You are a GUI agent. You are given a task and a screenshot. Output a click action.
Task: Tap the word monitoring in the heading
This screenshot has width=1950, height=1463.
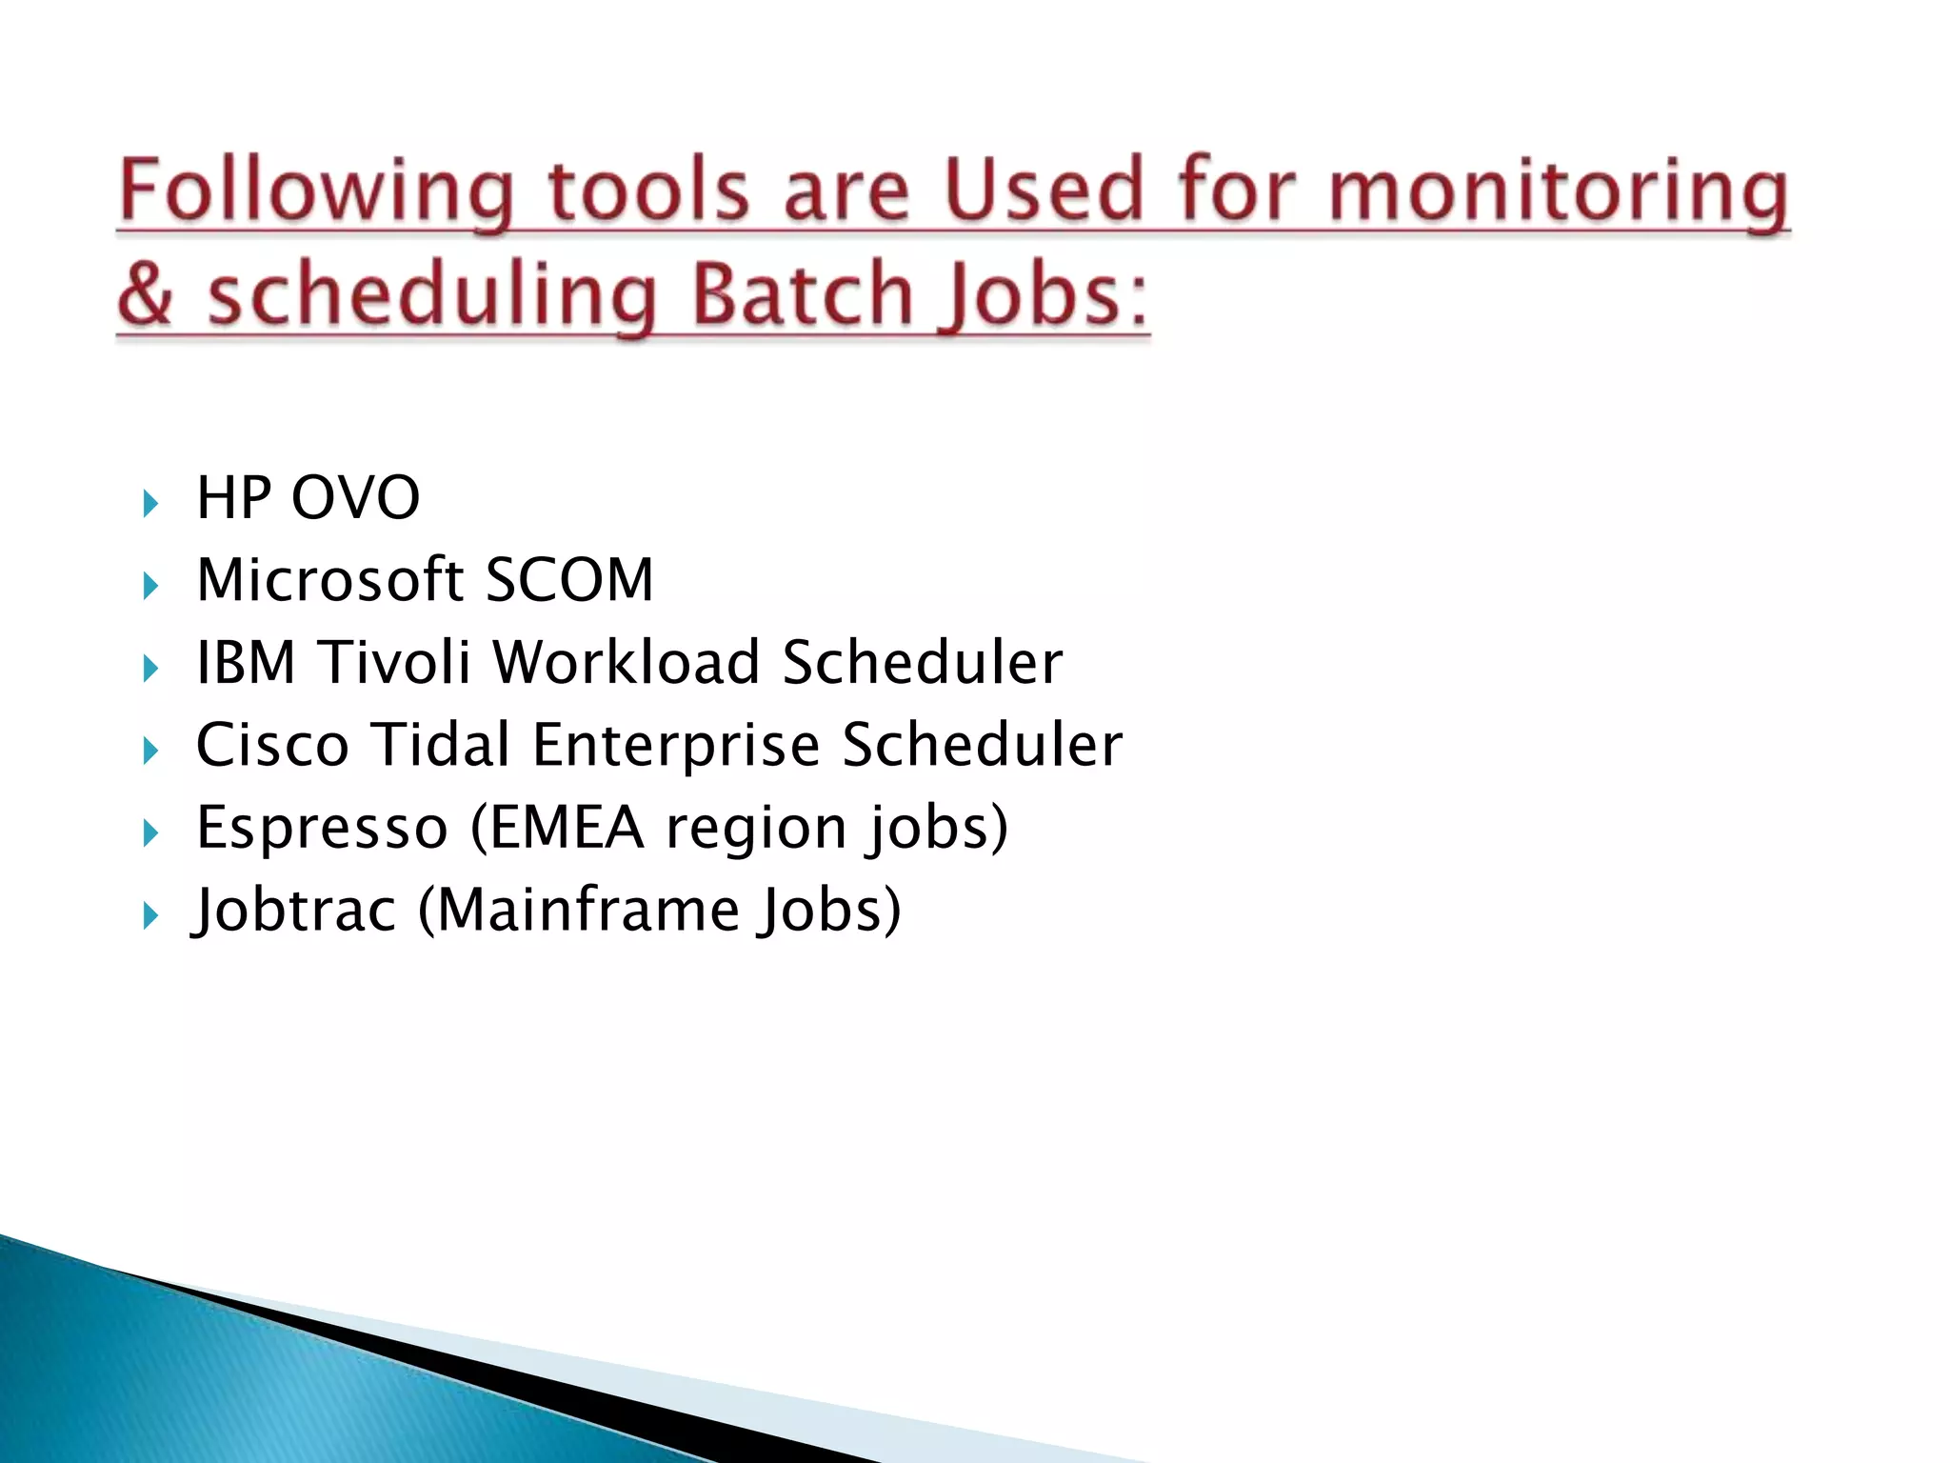coord(1559,192)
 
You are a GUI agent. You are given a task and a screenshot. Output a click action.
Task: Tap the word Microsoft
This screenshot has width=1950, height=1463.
coord(329,580)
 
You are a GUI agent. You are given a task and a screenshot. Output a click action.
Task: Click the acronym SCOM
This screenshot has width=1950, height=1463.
coord(569,580)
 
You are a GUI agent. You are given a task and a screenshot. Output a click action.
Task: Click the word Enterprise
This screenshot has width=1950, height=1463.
coord(675,746)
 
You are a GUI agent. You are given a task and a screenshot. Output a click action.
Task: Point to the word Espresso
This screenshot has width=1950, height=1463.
coord(322,828)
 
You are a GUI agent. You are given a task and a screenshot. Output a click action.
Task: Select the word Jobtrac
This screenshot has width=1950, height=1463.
coord(294,910)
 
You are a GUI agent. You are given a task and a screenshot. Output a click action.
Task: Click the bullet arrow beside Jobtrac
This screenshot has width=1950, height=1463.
coord(149,916)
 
